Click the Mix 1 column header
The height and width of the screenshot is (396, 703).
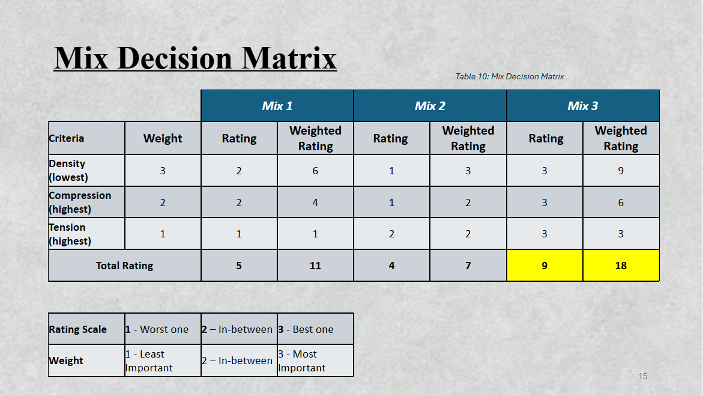(x=277, y=106)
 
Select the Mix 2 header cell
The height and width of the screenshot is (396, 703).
(x=430, y=106)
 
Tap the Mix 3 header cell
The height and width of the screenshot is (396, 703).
(x=583, y=106)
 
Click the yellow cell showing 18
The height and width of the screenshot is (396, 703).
(x=621, y=266)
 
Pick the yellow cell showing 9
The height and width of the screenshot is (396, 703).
(x=545, y=266)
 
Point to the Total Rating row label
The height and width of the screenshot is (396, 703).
(x=125, y=266)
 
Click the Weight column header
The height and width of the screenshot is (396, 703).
(x=163, y=138)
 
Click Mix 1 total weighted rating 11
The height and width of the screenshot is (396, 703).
(x=316, y=266)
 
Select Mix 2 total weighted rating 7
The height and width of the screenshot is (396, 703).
(x=468, y=266)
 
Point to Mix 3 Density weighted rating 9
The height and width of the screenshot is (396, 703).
(x=621, y=171)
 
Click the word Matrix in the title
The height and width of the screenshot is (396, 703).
(x=289, y=58)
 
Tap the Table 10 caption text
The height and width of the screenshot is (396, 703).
(x=510, y=77)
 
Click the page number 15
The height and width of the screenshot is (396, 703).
(x=643, y=376)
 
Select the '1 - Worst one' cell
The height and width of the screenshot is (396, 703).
(x=163, y=329)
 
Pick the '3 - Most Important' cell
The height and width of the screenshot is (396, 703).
(x=316, y=361)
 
